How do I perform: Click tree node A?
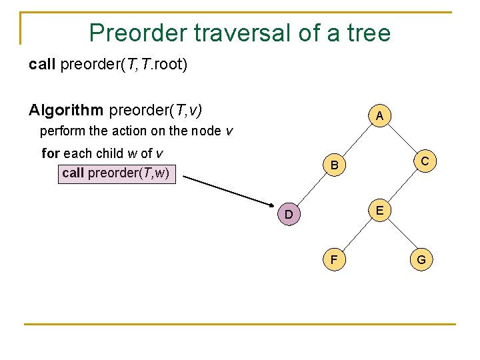(x=379, y=116)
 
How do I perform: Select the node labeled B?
(x=335, y=165)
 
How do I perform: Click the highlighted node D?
(x=289, y=215)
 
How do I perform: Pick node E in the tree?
(x=379, y=211)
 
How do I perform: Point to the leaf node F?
(x=335, y=259)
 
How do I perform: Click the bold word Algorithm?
(x=66, y=109)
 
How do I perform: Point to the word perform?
(x=63, y=131)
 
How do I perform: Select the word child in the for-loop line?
(x=111, y=153)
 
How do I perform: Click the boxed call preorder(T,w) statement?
(x=117, y=173)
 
